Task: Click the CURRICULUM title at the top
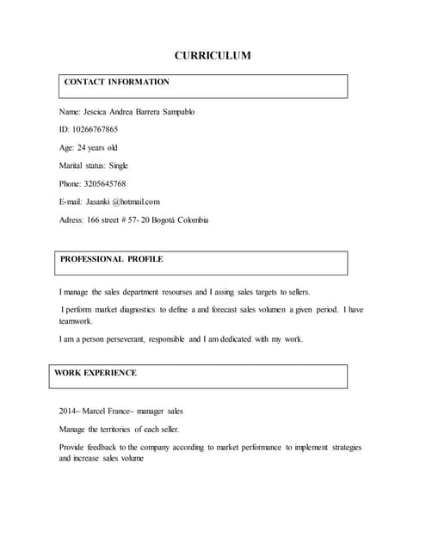(213, 56)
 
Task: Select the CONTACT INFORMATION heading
(117, 83)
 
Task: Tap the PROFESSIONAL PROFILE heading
(112, 259)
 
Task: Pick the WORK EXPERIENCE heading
(96, 374)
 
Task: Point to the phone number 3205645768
(105, 183)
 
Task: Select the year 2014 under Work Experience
(67, 412)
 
